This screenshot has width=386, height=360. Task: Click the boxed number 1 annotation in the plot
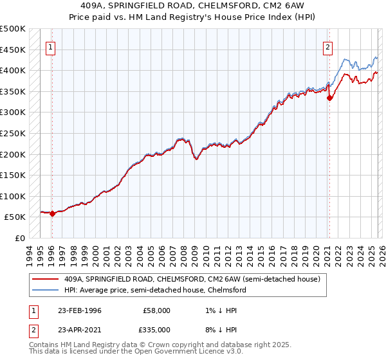(x=50, y=46)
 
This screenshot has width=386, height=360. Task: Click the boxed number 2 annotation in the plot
(x=328, y=46)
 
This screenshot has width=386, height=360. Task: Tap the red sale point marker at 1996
(x=53, y=214)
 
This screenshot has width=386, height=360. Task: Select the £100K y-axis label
(x=13, y=196)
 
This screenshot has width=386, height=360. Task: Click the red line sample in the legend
(x=46, y=279)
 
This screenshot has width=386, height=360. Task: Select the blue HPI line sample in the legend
(x=46, y=290)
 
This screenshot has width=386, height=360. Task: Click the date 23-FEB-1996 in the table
(x=79, y=310)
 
